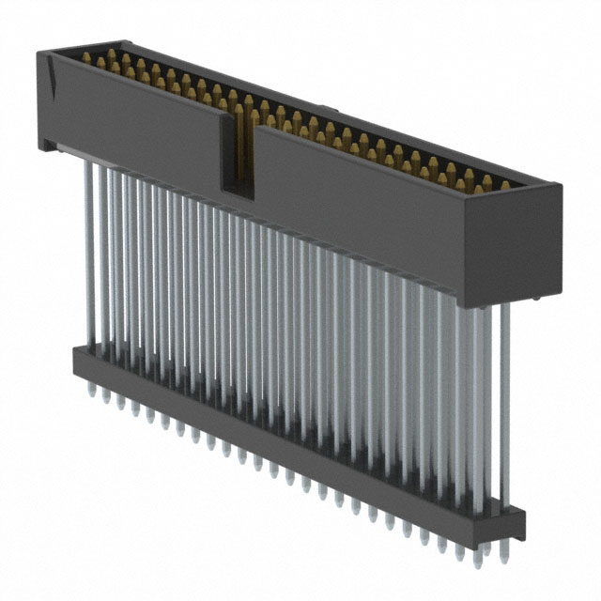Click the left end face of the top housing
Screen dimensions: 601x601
tap(45, 99)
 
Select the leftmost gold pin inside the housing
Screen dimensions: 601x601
tap(86, 58)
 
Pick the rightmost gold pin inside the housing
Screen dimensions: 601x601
tap(504, 184)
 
